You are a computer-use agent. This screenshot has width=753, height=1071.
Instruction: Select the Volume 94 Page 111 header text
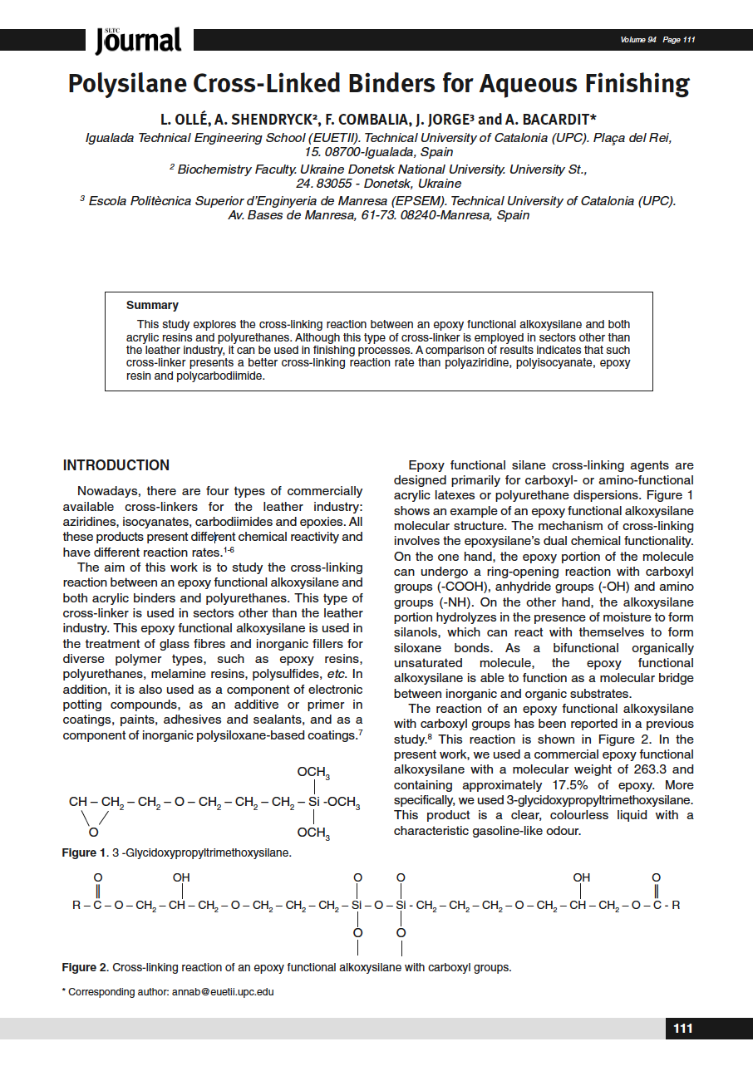click(657, 40)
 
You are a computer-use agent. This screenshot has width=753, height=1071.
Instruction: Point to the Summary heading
click(152, 306)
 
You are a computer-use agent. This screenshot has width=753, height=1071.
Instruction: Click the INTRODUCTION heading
click(116, 465)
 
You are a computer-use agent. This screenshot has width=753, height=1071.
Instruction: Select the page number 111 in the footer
click(682, 1029)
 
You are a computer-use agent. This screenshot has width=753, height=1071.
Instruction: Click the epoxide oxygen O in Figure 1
click(93, 832)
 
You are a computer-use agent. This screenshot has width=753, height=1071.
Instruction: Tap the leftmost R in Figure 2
click(76, 905)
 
